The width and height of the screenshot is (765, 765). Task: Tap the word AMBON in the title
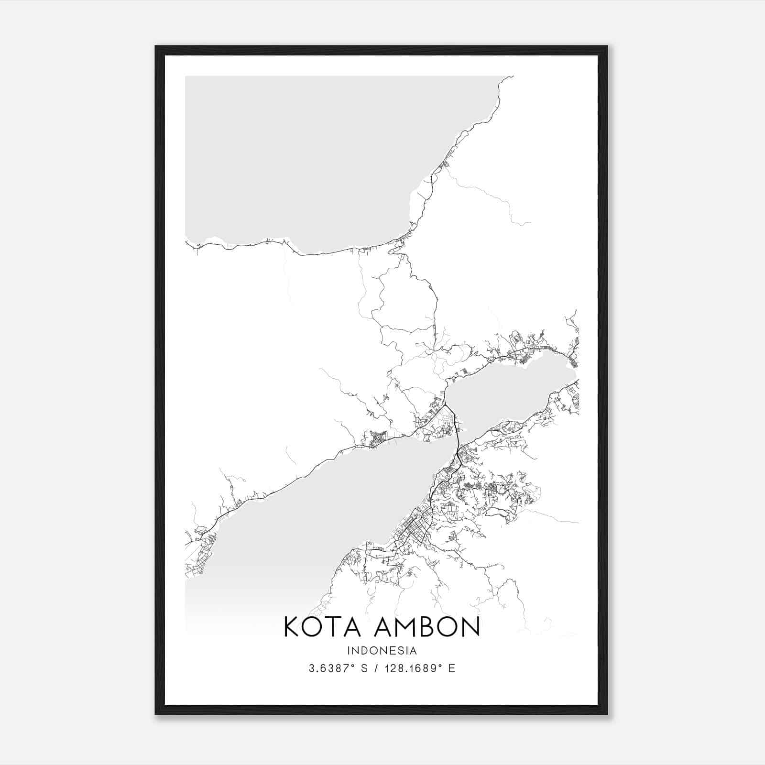pos(427,627)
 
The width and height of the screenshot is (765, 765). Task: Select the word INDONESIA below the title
pos(382,651)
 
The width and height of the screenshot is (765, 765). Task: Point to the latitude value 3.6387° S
pos(338,668)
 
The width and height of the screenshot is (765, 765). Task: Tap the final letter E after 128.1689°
pos(452,668)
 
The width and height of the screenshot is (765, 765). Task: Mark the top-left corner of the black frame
pos(156,47)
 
